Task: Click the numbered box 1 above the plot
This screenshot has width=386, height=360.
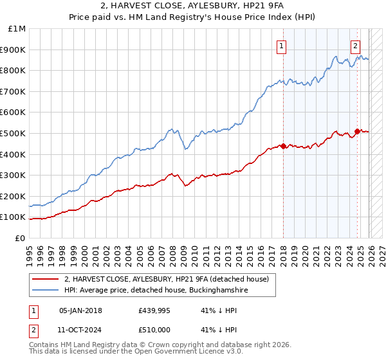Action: tap(282, 45)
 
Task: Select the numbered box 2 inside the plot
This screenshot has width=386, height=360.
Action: tap(355, 45)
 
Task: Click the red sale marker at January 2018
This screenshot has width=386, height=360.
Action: tap(283, 145)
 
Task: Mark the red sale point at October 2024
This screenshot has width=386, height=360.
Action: tap(358, 131)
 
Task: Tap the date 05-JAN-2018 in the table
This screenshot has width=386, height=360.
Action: tap(80, 310)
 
